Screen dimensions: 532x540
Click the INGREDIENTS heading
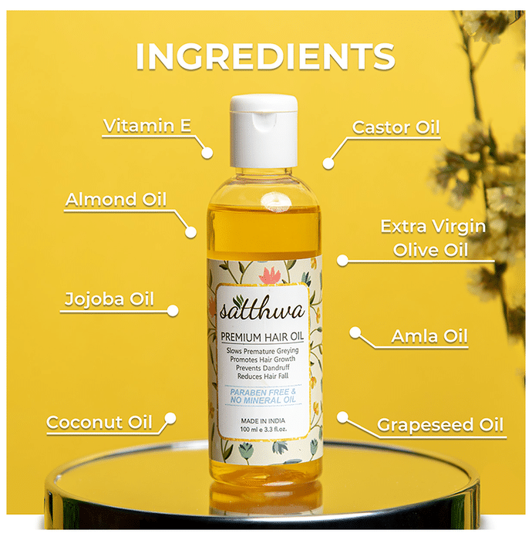266,56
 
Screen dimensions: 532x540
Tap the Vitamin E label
147,126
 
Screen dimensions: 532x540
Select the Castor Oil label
396,128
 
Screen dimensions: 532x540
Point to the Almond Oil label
116,200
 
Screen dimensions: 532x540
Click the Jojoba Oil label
109,299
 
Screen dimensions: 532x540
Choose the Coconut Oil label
99,422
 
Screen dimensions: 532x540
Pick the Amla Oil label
429,336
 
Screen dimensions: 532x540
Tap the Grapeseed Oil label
440,425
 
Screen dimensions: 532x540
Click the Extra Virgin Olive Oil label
433,238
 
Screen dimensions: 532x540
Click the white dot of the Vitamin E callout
207,153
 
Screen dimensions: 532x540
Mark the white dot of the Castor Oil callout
328,164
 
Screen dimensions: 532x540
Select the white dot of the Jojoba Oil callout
173,311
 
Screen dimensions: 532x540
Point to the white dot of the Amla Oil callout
355,332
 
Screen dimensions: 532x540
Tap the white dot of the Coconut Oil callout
170,418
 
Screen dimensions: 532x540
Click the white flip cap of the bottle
264,131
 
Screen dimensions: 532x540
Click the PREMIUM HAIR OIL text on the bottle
262,336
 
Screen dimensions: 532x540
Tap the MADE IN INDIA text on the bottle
263,421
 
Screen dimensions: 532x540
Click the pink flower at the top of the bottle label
270,276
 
